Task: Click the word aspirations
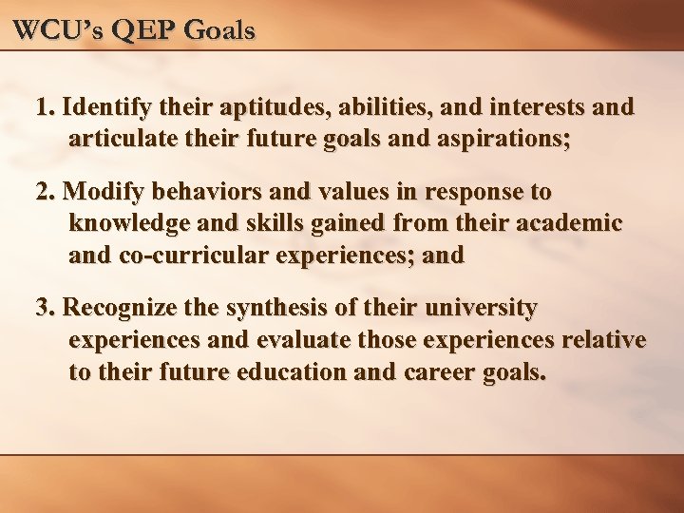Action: click(x=503, y=138)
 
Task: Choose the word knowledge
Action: click(x=132, y=223)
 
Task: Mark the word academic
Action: click(x=570, y=223)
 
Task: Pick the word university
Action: click(x=484, y=309)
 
